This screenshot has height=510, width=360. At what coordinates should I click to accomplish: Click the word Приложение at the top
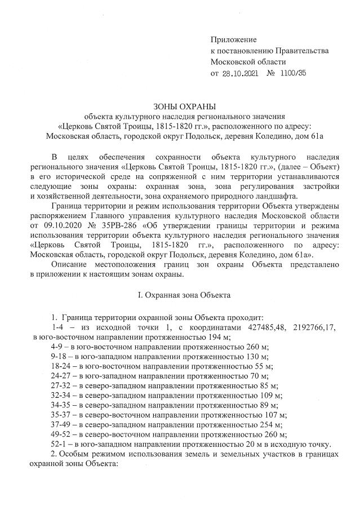pos(233,39)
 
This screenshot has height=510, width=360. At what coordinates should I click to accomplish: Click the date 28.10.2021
pos(241,73)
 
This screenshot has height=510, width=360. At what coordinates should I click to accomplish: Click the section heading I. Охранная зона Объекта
pos(180,295)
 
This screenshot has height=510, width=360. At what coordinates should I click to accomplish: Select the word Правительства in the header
pos(302,51)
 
